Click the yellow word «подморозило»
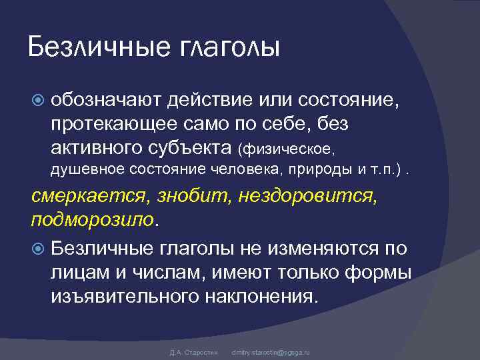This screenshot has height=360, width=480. click(93, 219)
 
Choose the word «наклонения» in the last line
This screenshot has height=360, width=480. click(261, 295)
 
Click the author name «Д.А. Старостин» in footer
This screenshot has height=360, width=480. click(189, 351)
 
